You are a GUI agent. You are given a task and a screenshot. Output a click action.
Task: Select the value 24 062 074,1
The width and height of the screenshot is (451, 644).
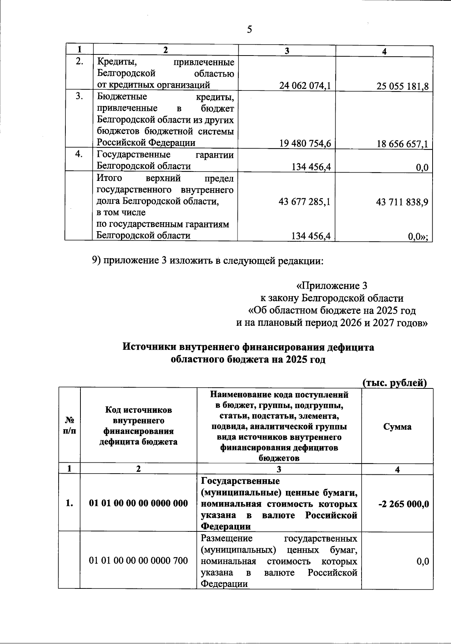(x=305, y=86)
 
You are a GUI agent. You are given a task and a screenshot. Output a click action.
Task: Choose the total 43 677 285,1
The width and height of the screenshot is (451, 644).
(x=305, y=202)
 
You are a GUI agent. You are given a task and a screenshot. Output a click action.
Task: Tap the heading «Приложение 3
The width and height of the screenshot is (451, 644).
(x=331, y=286)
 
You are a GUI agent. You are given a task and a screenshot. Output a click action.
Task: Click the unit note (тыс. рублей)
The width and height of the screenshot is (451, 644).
(x=395, y=383)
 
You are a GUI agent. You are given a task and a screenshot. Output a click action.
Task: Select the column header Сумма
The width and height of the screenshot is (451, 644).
(x=397, y=427)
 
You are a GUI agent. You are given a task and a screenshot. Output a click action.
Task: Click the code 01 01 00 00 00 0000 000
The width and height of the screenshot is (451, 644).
(x=138, y=503)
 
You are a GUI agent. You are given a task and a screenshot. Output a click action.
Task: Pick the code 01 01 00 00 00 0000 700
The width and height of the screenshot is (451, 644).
(x=138, y=561)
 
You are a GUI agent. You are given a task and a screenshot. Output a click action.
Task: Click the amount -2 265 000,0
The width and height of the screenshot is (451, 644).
(x=403, y=504)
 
